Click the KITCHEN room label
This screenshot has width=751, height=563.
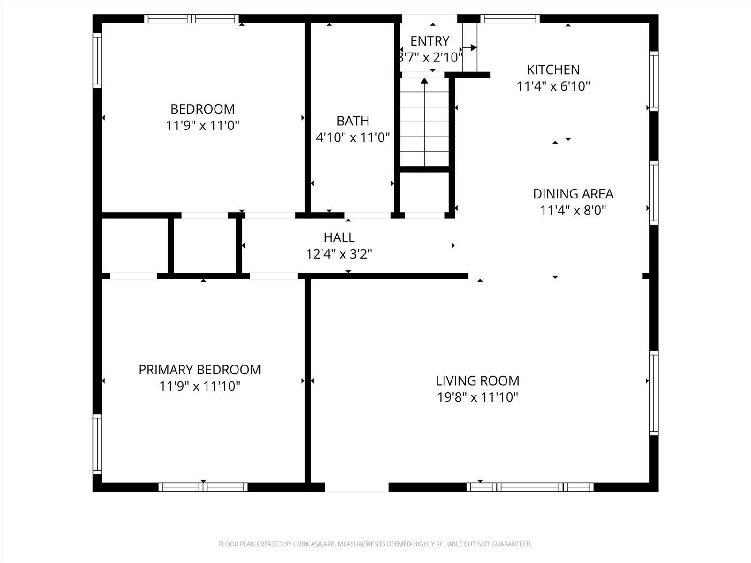pos(553,70)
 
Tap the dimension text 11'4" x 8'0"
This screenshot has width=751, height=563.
pos(573,210)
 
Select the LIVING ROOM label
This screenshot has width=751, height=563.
pos(477,380)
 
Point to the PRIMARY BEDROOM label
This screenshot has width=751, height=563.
pos(199,370)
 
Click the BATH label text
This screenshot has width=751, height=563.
pos(353,121)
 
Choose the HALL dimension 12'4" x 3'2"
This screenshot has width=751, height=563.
pos(339,254)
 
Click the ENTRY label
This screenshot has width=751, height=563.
pos(429,41)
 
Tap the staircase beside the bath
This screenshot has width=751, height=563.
pos(424,122)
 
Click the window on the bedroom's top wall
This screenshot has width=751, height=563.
pos(192,19)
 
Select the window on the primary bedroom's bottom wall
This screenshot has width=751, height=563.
pos(203,487)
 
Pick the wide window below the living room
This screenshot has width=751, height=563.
pos(529,487)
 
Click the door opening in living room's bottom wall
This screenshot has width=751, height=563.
pos(357,487)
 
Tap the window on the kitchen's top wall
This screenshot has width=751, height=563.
pos(510,19)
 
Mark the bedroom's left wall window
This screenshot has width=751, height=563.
pos(97,60)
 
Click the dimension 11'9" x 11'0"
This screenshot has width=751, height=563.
pos(203,126)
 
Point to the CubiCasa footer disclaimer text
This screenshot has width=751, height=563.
pos(375,544)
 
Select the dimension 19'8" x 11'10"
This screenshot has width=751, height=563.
pos(477,397)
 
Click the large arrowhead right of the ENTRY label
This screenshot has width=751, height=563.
pos(473,47)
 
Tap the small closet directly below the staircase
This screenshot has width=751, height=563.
pos(424,192)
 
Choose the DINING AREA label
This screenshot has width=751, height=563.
pos(573,194)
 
